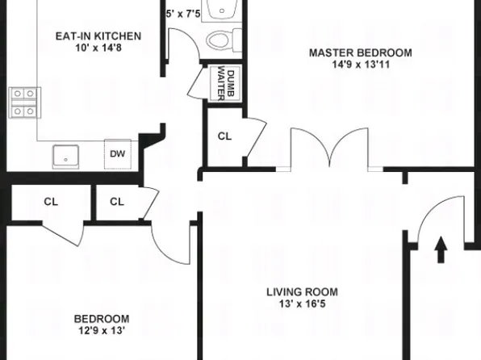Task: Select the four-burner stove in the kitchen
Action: [23, 103]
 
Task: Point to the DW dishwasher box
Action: [117, 153]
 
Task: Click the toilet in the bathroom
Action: [220, 39]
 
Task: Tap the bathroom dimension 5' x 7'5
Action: [182, 14]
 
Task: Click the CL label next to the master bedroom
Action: [224, 136]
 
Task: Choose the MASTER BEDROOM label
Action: [361, 53]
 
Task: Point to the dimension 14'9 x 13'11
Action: [361, 65]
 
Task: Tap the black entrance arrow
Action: [440, 249]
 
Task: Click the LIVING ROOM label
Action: [303, 292]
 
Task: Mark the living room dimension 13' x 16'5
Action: [303, 304]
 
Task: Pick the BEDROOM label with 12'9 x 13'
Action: [101, 319]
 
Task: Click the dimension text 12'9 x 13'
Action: [101, 330]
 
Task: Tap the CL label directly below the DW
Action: [117, 202]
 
